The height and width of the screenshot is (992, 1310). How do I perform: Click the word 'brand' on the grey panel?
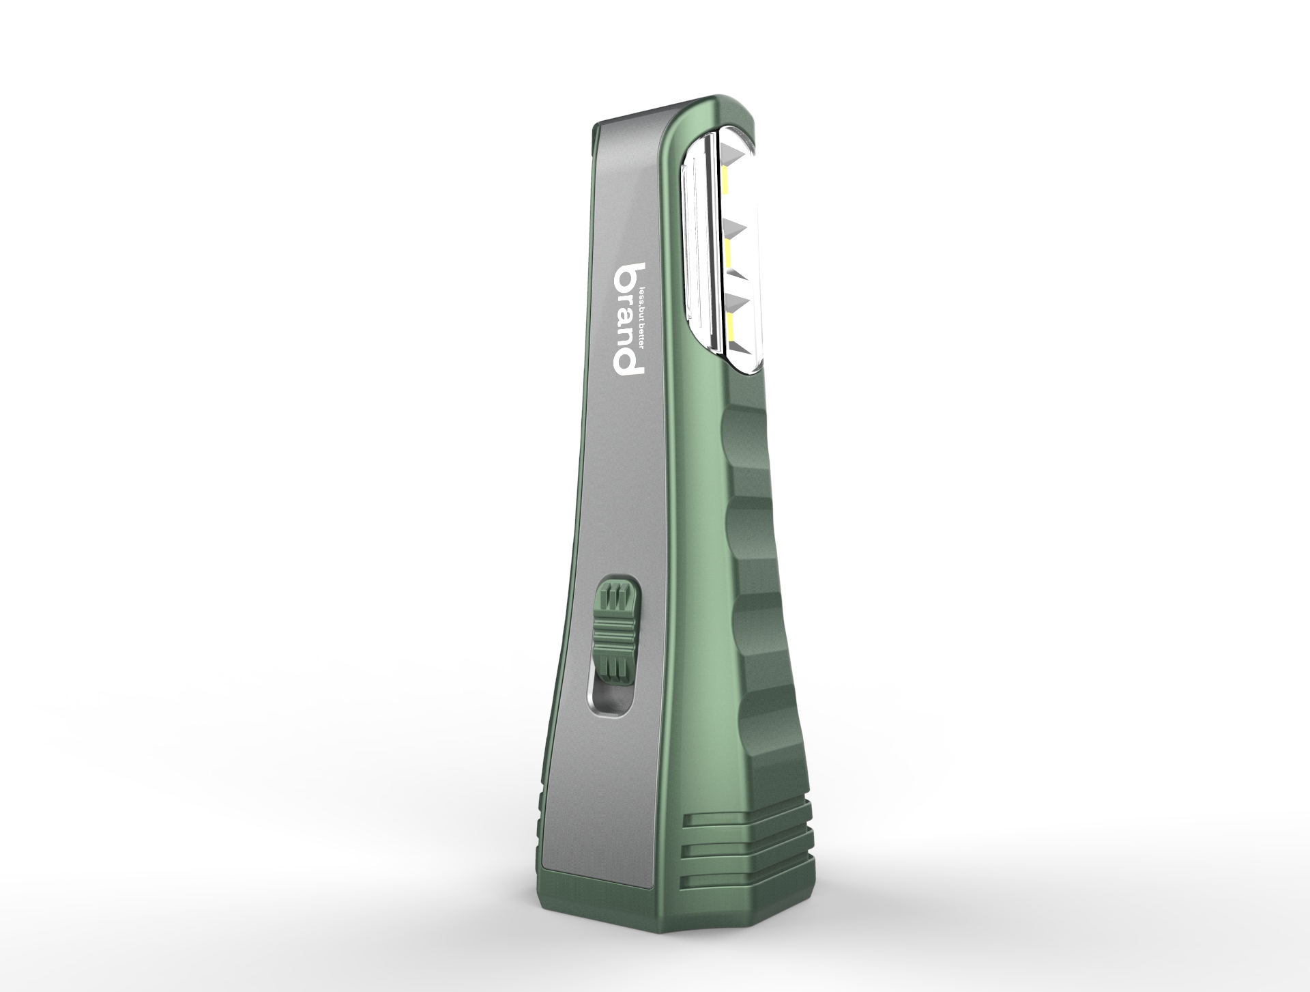point(627,318)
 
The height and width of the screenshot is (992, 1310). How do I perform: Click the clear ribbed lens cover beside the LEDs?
point(699,246)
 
